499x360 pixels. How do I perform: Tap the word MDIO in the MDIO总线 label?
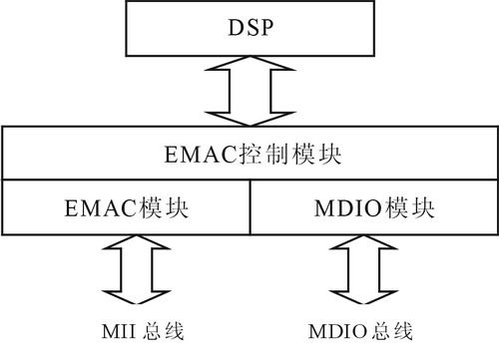pyautogui.click(x=335, y=330)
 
